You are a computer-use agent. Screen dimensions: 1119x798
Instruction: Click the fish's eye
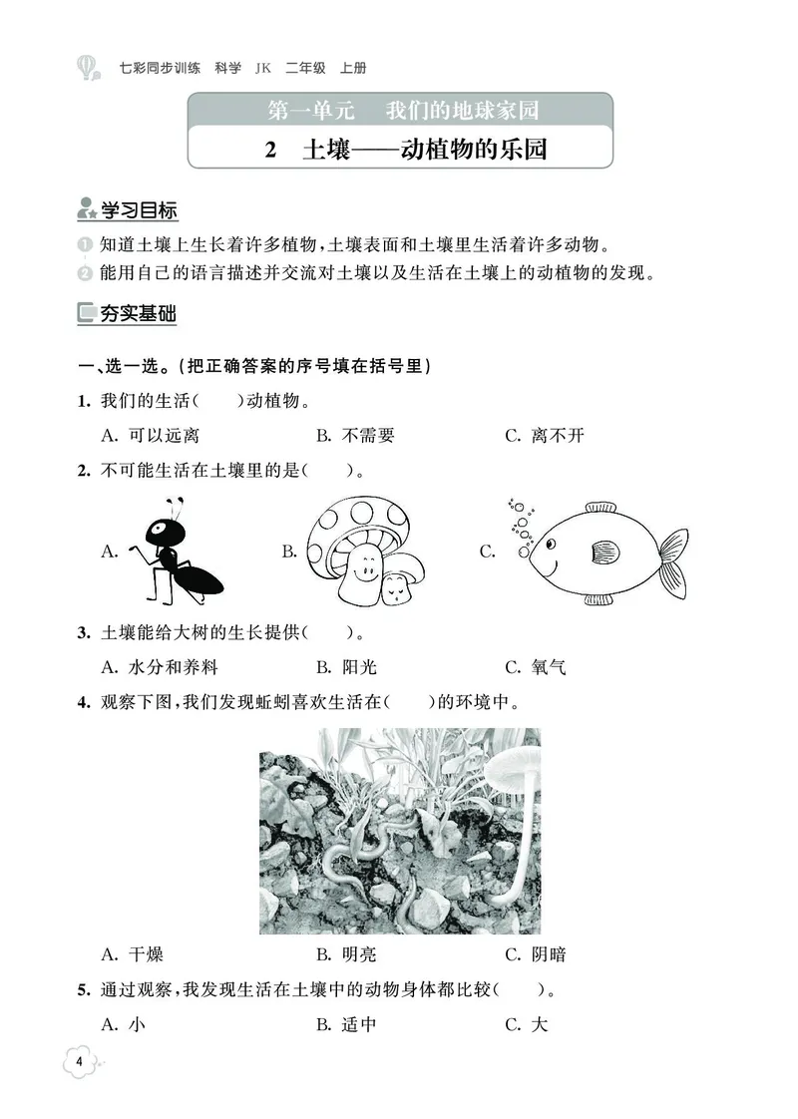coord(551,543)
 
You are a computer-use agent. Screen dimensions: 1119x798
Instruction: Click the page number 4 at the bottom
coord(80,1060)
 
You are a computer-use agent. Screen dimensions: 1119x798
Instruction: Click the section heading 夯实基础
coord(138,313)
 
